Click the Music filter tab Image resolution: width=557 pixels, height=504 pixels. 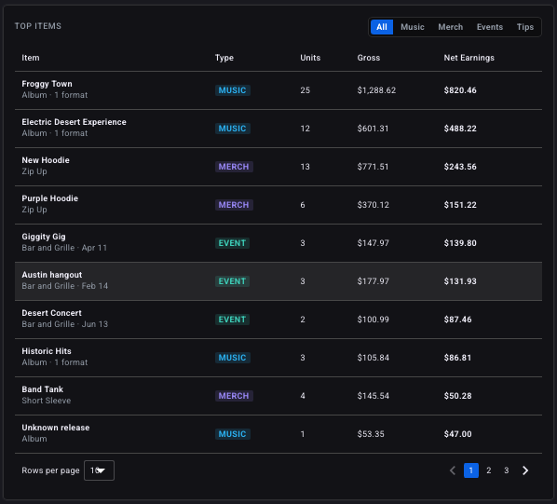tap(412, 27)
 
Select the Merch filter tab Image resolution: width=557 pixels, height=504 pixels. tap(451, 27)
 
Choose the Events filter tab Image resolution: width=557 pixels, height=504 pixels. tap(490, 27)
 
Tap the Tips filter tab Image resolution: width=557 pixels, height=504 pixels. tap(525, 27)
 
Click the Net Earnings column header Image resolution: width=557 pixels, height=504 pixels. tap(469, 58)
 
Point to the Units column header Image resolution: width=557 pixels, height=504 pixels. tap(310, 58)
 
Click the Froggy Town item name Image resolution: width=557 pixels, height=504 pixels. tap(47, 84)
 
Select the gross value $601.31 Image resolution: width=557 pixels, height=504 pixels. tap(373, 129)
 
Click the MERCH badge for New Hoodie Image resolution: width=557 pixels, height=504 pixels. tap(234, 167)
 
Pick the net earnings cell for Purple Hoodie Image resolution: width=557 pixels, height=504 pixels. tap(460, 205)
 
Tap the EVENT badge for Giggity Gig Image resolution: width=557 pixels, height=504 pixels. tap(232, 243)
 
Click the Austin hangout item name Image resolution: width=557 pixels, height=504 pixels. tap(52, 275)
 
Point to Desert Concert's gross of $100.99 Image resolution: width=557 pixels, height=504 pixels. tap(373, 320)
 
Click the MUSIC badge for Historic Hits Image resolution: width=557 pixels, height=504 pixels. tap(232, 358)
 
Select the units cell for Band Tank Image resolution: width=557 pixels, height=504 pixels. tap(303, 396)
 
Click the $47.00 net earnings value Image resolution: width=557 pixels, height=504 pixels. tap(457, 434)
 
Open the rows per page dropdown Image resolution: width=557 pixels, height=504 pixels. tap(99, 470)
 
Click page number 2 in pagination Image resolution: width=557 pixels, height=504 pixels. tap(489, 470)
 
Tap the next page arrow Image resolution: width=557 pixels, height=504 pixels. tap(525, 470)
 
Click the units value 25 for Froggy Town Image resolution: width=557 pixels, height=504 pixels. tap(306, 90)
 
